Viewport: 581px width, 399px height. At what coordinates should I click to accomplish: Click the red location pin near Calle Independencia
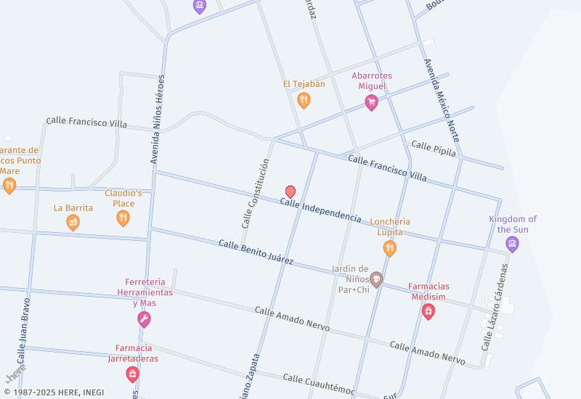click(x=290, y=192)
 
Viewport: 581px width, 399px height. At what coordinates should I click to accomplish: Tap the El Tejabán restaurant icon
click(x=304, y=100)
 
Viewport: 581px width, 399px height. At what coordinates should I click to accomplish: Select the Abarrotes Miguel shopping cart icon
click(x=371, y=102)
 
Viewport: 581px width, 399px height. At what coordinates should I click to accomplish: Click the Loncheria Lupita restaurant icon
click(x=390, y=249)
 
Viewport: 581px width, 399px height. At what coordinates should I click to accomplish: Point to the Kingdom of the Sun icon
click(x=513, y=244)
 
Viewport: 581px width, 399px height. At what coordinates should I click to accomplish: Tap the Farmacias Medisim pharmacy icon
click(x=428, y=311)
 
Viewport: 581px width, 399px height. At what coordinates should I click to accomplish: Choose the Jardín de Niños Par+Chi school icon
click(x=376, y=279)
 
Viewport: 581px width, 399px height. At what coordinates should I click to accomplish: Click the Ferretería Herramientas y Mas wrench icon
click(x=144, y=319)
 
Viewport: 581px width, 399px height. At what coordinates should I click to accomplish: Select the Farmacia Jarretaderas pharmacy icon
click(x=132, y=374)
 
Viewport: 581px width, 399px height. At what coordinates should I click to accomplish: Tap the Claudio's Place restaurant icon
click(x=123, y=217)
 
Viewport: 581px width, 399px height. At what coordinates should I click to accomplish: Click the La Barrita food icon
click(x=73, y=223)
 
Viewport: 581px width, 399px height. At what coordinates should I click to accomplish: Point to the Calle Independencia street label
click(x=320, y=210)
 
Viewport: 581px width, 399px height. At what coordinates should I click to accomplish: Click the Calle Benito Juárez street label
click(x=256, y=252)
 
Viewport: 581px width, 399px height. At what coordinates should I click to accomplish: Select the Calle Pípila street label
click(x=434, y=149)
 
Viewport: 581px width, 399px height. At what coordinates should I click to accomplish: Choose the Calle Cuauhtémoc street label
click(x=319, y=384)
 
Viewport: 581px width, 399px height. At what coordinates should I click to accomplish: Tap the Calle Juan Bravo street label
click(x=25, y=330)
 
